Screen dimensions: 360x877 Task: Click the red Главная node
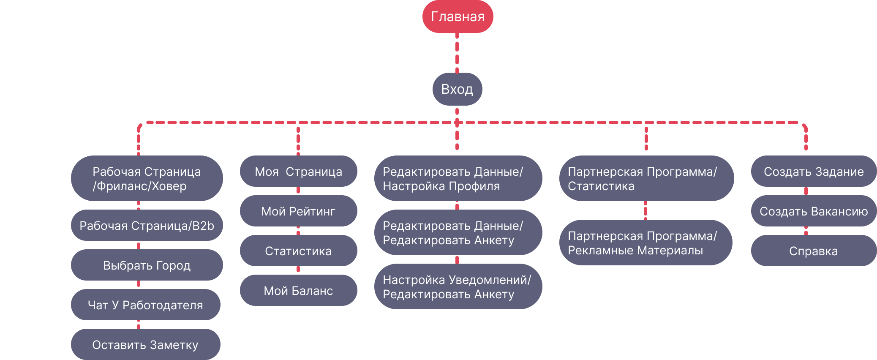coord(458,16)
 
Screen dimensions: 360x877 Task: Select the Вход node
coord(457,89)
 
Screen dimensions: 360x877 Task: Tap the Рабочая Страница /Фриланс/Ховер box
coord(147,178)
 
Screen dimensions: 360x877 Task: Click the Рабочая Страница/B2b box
coord(147,226)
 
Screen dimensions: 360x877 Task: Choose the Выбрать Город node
coord(147,265)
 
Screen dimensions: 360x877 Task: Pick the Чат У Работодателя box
coord(145,305)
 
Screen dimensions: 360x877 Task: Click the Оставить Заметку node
coord(145,345)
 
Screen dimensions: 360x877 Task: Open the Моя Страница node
coord(298,172)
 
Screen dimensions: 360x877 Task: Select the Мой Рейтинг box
coord(298,211)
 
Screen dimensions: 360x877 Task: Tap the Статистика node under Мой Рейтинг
coord(298,251)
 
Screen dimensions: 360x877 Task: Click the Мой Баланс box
coord(298,291)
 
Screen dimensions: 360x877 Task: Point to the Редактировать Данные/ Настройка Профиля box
coord(458,178)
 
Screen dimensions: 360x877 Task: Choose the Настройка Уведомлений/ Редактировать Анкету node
coord(458,287)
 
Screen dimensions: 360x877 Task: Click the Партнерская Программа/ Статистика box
coord(646,178)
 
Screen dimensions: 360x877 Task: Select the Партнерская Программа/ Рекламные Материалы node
coord(645,243)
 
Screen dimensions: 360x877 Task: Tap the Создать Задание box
coord(813,172)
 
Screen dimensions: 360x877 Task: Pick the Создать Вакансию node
coord(813,211)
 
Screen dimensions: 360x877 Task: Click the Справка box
coord(813,251)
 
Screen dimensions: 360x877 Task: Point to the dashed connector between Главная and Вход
coord(457,53)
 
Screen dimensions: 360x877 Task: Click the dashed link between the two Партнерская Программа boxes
coord(645,210)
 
